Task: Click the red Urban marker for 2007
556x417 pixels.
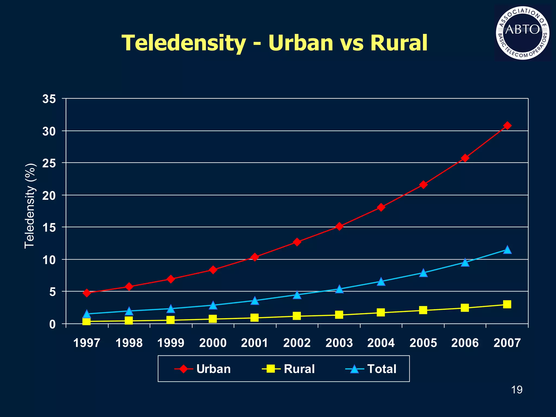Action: coord(507,126)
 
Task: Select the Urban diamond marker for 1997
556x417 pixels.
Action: coord(87,293)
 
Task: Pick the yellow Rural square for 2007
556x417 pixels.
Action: coord(507,304)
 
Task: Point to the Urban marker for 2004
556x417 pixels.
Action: coord(381,207)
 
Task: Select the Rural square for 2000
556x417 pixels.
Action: coord(213,319)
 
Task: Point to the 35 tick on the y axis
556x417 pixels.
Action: coord(49,99)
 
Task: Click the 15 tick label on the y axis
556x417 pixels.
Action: coord(49,228)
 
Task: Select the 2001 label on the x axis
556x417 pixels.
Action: coord(255,343)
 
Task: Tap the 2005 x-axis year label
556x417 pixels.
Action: coord(423,343)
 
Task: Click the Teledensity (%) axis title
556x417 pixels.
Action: coord(30,206)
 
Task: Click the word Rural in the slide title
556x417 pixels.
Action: coord(399,43)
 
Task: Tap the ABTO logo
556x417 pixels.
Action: coord(523,33)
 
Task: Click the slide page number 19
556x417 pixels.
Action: coord(517,390)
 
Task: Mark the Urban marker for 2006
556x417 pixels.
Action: coord(465,158)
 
